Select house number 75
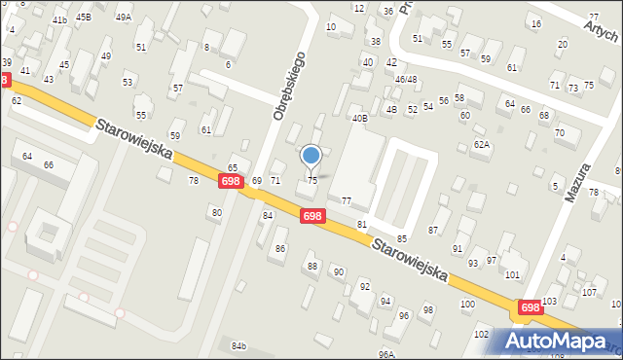click(x=312, y=180)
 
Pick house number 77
click(x=347, y=200)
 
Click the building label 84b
click(x=239, y=345)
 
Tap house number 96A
click(x=386, y=354)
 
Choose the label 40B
click(x=359, y=119)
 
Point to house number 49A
click(x=123, y=18)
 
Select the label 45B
click(x=84, y=18)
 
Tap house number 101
click(x=512, y=275)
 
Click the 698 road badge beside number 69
click(x=231, y=182)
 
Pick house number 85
click(x=401, y=238)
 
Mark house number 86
click(x=280, y=249)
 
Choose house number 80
click(x=216, y=212)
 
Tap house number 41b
click(x=59, y=19)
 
